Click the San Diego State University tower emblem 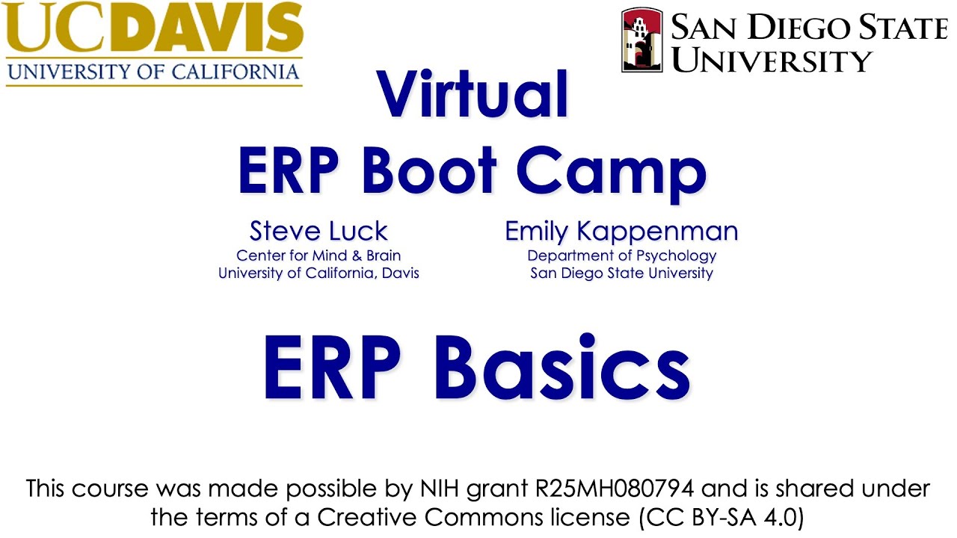pyautogui.click(x=642, y=40)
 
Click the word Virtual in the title pyautogui.click(x=473, y=94)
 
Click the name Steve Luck pyautogui.click(x=319, y=231)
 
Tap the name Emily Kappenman pyautogui.click(x=621, y=231)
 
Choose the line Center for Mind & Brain pyautogui.click(x=319, y=256)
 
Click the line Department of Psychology pyautogui.click(x=621, y=256)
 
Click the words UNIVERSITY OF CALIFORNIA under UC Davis pyautogui.click(x=153, y=72)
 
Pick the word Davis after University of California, pyautogui.click(x=400, y=273)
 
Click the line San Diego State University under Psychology pyautogui.click(x=621, y=273)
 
